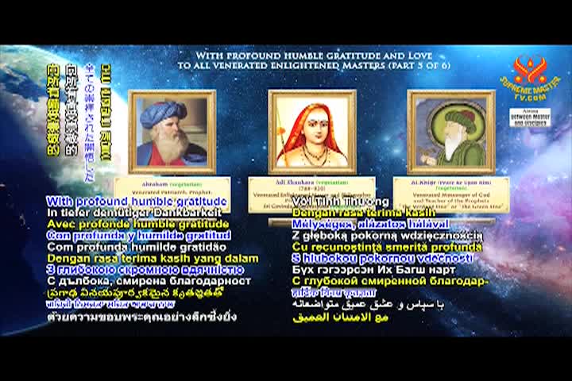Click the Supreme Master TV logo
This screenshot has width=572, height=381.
coord(530,75)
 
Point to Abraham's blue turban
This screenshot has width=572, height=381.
coord(162,113)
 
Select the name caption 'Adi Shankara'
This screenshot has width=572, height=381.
coord(295,183)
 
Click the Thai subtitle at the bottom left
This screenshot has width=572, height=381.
coord(141,316)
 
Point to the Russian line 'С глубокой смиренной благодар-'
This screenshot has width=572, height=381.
coord(389,280)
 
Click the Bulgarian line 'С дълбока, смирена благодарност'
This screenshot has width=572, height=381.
coord(149,281)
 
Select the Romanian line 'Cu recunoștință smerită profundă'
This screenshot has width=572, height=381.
coord(387,247)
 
